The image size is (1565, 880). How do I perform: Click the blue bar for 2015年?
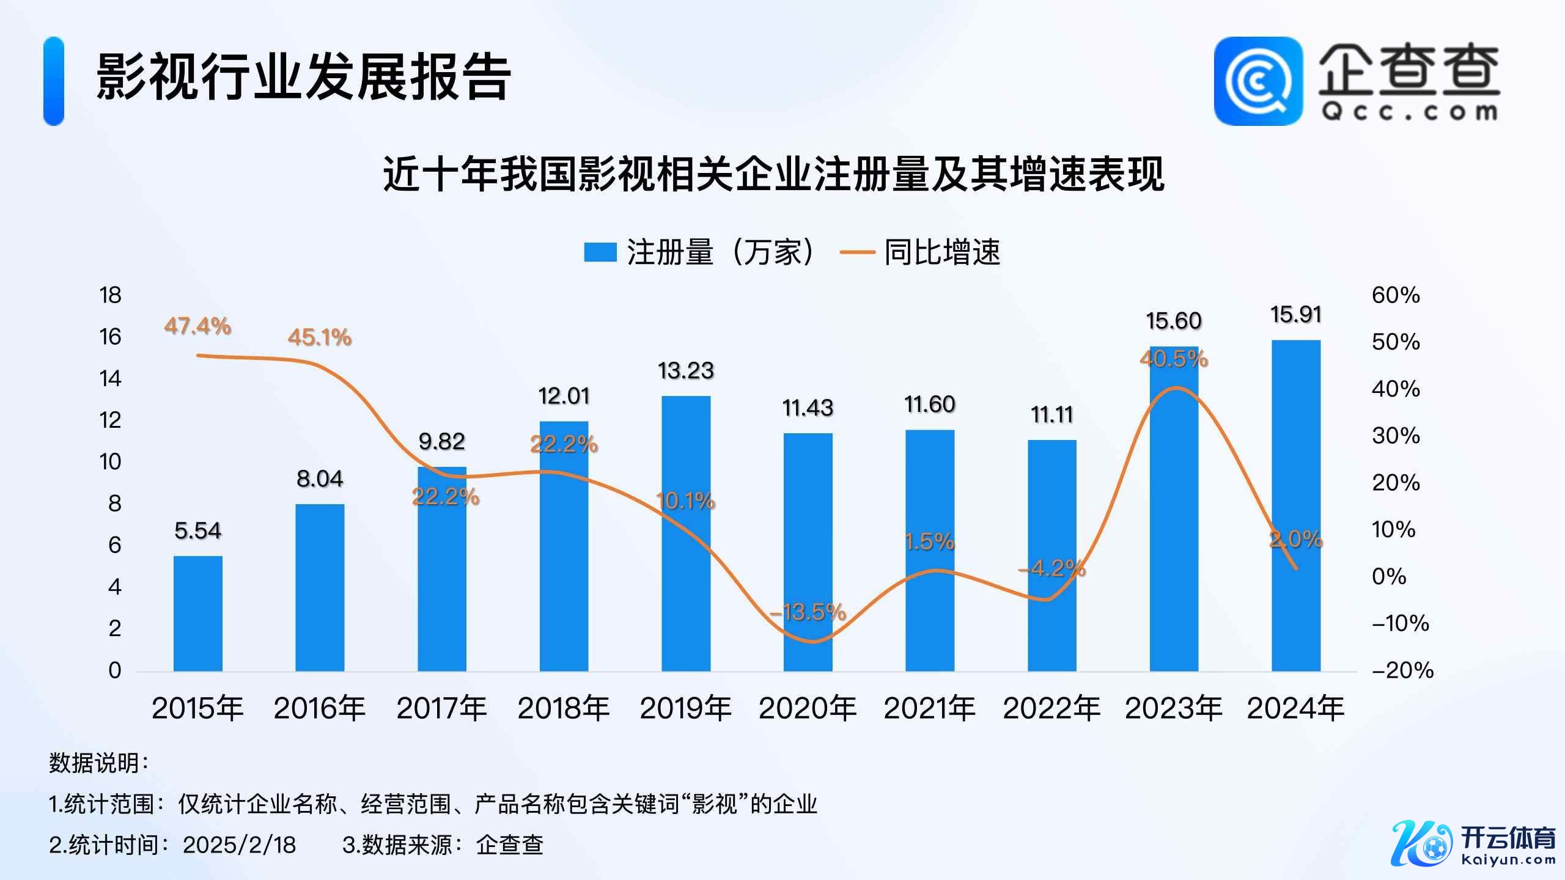[x=197, y=614]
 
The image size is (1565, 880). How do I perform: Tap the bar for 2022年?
[x=1051, y=555]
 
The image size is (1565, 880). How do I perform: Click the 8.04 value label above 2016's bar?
[x=320, y=479]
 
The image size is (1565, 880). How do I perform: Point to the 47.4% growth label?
[x=197, y=326]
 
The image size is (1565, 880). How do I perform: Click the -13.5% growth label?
[x=808, y=612]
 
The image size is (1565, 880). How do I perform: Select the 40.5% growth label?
[x=1174, y=358]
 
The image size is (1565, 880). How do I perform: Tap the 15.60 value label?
[x=1174, y=321]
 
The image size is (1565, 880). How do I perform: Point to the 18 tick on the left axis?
[x=111, y=296]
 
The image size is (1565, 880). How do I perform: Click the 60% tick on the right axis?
[x=1396, y=296]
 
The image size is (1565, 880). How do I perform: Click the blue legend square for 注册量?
[x=600, y=252]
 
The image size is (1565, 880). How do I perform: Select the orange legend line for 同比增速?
[x=857, y=252]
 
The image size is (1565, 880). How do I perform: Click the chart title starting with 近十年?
[x=773, y=175]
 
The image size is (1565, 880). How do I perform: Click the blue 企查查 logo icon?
[x=1258, y=81]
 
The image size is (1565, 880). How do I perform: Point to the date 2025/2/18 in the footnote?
[x=240, y=845]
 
